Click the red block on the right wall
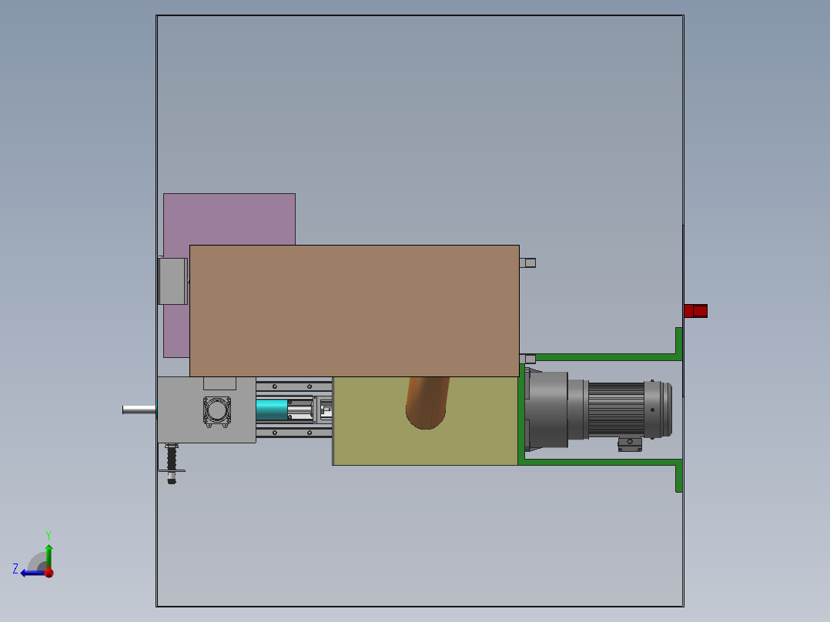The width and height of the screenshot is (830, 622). point(695,311)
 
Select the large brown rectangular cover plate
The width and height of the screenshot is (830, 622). point(354,310)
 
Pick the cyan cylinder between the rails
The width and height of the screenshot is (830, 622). point(272,410)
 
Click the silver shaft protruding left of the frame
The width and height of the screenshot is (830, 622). point(139,410)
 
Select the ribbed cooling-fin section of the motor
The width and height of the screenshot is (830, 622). point(616,410)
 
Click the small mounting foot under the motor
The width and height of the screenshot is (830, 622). point(630,444)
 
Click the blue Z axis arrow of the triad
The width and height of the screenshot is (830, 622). point(31,573)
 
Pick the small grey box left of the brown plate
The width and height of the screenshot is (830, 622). point(173,281)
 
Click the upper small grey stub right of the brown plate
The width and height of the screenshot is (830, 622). point(528,263)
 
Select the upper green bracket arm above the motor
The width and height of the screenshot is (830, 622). point(601,357)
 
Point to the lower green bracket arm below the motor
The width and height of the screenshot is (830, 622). point(601,462)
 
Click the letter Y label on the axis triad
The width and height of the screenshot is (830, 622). point(48,534)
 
